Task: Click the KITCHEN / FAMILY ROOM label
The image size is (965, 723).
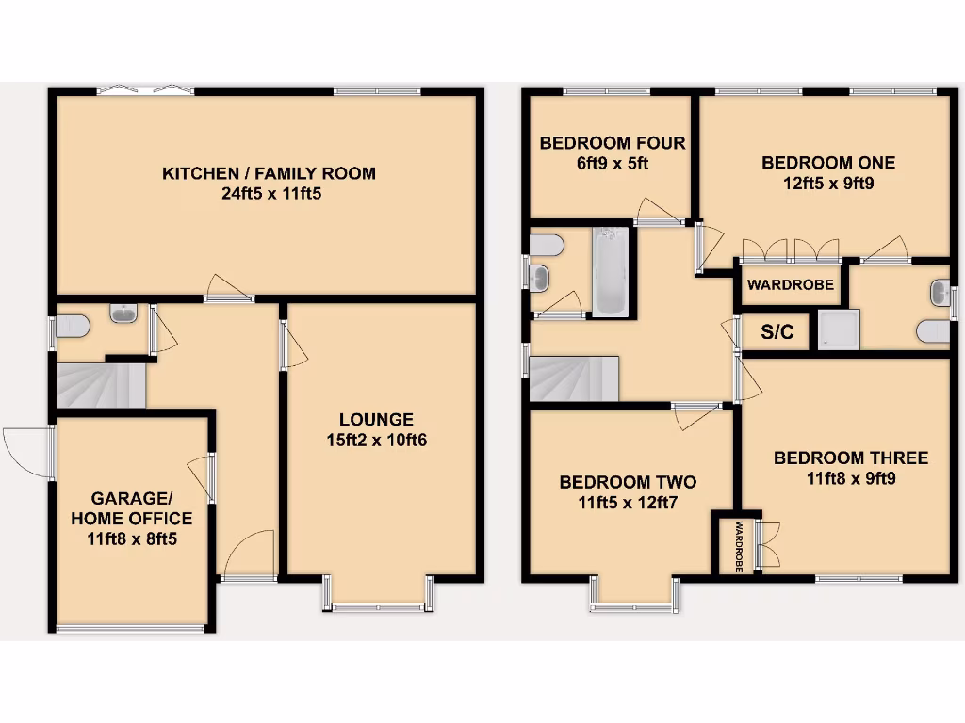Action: coord(269,173)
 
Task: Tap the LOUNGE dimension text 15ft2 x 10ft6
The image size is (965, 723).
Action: coord(377,440)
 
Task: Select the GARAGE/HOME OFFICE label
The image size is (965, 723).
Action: coord(131,508)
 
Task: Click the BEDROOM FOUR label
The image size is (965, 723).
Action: coord(612,143)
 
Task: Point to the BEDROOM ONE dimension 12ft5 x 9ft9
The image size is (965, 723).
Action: coord(828,184)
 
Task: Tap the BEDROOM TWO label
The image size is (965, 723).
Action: coord(628,482)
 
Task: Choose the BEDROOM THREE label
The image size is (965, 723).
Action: coord(850,458)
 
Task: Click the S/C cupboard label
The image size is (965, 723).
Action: coord(777,331)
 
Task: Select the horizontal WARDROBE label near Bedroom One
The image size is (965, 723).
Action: coord(791,284)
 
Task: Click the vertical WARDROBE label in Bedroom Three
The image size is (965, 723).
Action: coord(739,545)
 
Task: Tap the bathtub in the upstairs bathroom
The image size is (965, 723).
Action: coord(610,271)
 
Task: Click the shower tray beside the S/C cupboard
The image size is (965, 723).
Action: coord(837,330)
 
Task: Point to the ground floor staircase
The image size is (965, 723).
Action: coord(101,385)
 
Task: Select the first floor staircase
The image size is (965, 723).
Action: coord(573,378)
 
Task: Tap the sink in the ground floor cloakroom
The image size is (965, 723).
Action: coord(123,313)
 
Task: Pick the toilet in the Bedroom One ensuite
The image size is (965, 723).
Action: coord(933,331)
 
